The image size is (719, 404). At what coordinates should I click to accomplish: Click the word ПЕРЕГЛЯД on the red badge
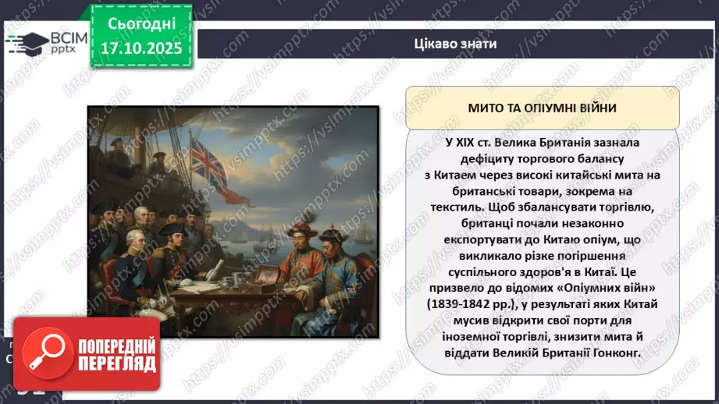pyautogui.click(x=116, y=363)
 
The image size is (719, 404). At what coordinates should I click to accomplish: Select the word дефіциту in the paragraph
pyautogui.click(x=471, y=160)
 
